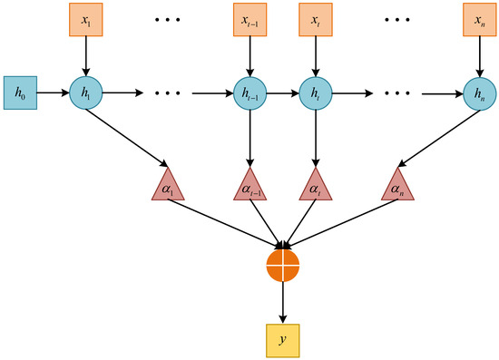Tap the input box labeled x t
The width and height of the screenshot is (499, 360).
(316, 20)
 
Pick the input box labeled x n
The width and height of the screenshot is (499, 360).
(477, 20)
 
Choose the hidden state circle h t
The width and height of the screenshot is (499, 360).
(316, 92)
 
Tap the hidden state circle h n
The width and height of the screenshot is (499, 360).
(477, 92)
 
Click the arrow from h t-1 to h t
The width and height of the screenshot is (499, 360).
(282, 92)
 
